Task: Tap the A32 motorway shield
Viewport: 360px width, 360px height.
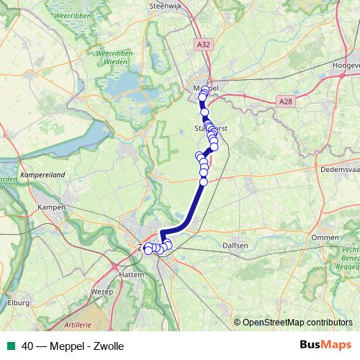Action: tap(204, 44)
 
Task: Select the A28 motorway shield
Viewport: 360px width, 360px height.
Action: tap(286, 102)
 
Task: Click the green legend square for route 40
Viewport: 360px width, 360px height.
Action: tap(9, 346)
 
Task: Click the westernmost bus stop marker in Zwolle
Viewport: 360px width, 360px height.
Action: tap(148, 249)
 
